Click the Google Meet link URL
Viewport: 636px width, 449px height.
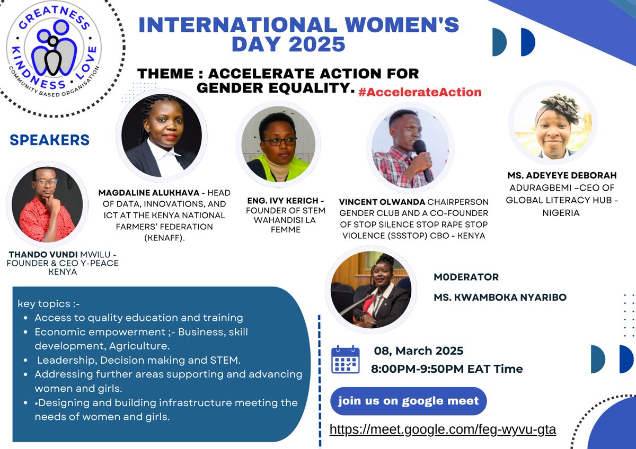pos(443,429)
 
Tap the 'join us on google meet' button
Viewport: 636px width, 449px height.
pos(408,401)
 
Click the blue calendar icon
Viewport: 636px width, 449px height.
pos(346,360)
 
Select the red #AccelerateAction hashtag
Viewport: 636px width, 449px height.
pos(420,92)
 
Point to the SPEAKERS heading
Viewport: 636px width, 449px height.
pos(49,140)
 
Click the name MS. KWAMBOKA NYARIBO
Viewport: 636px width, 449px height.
pos(500,298)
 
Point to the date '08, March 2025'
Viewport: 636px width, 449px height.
pos(419,351)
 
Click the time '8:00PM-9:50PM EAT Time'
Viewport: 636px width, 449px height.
pos(448,369)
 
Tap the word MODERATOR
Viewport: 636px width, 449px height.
pos(466,277)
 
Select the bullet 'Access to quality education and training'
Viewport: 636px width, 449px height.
pos(139,318)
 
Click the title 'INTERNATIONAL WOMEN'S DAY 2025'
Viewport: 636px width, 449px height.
pos(298,34)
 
